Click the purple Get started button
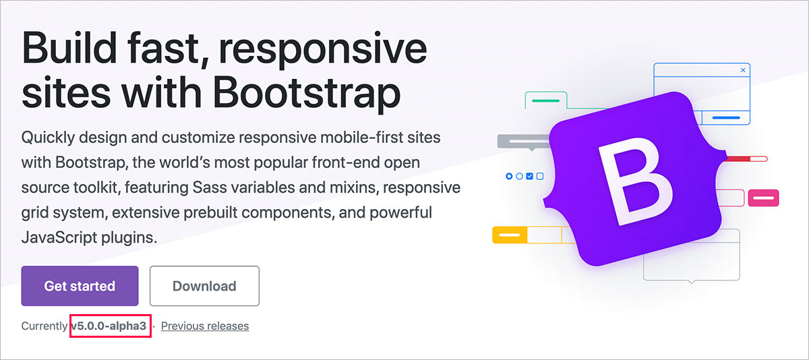[80, 286]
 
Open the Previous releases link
[205, 326]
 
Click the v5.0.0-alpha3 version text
[109, 326]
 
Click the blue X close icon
[743, 70]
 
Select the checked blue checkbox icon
[529, 176]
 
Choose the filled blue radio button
[509, 176]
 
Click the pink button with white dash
[763, 198]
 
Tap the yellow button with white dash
[510, 235]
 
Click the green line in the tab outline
[545, 100]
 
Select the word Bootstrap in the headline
[307, 93]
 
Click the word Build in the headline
[69, 48]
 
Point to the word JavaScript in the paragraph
[59, 237]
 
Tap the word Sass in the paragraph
[208, 187]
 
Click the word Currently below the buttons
[44, 326]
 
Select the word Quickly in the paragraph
[48, 138]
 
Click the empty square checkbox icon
[540, 176]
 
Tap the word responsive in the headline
[323, 50]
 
